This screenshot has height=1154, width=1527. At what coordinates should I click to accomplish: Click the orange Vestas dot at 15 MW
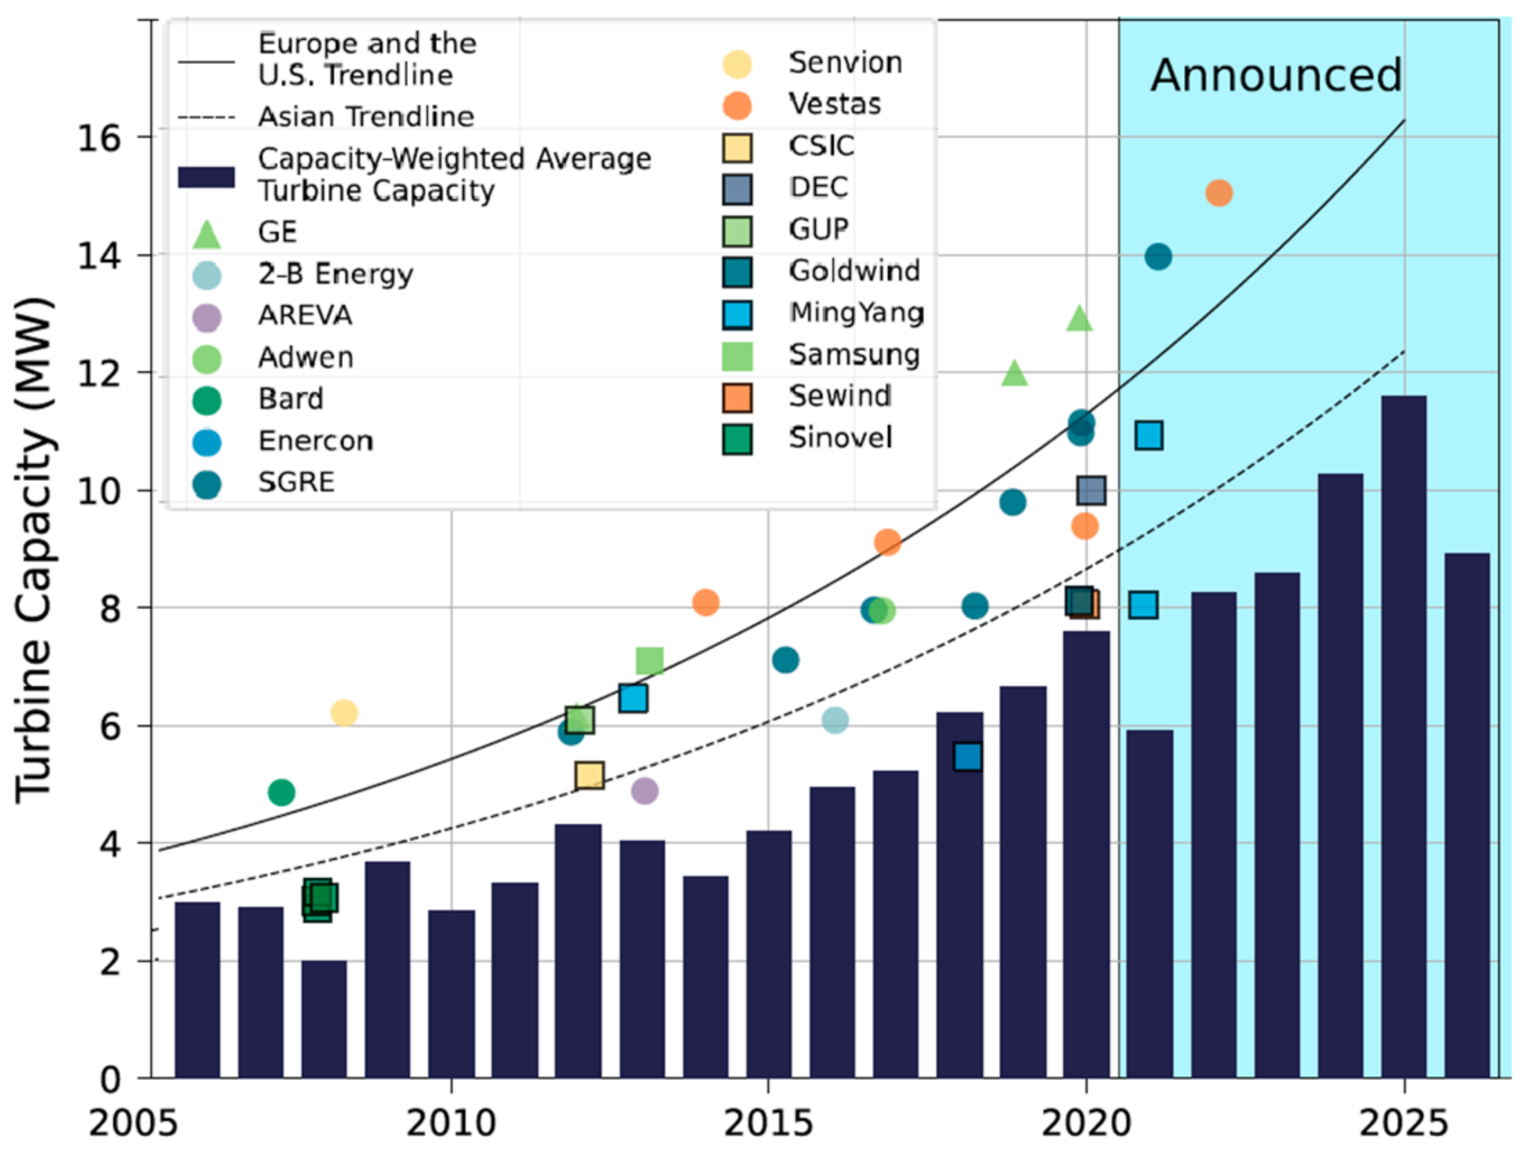tap(1218, 193)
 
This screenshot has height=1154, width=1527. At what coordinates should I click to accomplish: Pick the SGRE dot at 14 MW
tap(1158, 257)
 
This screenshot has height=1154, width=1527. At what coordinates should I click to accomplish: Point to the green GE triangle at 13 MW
tap(1079, 320)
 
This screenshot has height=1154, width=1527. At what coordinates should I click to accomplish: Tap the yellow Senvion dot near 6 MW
tap(344, 713)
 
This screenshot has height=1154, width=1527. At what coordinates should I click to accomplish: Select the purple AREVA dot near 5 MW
tap(644, 790)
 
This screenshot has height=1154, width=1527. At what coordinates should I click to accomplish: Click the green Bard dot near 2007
tap(281, 792)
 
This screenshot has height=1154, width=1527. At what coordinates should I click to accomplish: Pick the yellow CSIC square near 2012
tap(589, 775)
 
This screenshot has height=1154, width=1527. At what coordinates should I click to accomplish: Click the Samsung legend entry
tap(853, 355)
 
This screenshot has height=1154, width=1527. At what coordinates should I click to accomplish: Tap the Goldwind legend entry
tap(853, 271)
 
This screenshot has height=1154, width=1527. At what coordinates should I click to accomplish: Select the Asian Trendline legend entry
tap(365, 117)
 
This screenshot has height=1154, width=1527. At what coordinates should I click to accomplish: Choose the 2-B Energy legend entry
tap(335, 275)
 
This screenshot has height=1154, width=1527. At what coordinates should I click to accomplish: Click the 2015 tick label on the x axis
tap(768, 1123)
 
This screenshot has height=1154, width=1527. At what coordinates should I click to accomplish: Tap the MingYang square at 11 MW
tap(1148, 436)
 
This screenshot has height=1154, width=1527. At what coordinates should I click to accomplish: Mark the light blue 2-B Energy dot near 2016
tap(835, 720)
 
